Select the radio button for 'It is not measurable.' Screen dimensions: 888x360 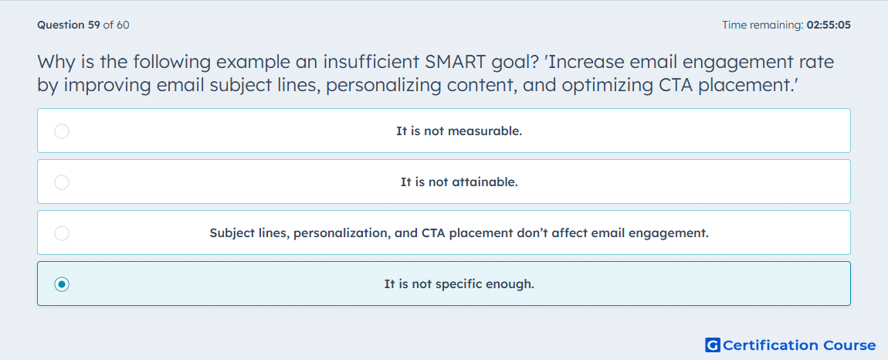62,131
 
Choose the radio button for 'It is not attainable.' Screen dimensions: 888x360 62,182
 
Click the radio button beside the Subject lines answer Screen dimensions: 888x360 62,233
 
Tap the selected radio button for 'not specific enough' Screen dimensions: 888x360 62,284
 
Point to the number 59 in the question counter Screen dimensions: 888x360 94,25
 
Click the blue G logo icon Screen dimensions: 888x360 713,345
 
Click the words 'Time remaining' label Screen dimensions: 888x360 761,25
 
